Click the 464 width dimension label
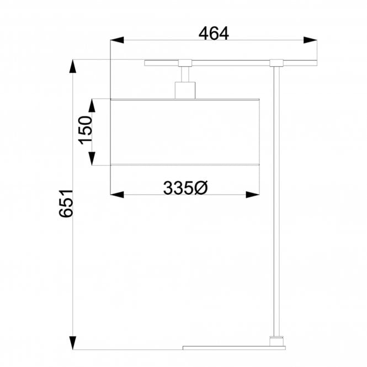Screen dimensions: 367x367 tap(214, 34)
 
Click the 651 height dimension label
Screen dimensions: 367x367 tap(66, 204)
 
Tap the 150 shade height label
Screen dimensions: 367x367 tap(85, 130)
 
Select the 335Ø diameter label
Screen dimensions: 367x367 tap(185, 188)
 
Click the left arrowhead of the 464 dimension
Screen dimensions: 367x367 tap(117, 40)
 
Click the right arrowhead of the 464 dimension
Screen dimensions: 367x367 tap(310, 40)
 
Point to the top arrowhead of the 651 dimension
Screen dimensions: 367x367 tap(73, 66)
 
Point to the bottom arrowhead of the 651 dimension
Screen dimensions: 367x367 tap(73, 343)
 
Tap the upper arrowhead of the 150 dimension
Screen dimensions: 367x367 tap(92, 105)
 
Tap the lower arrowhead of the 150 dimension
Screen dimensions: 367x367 tap(92, 158)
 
